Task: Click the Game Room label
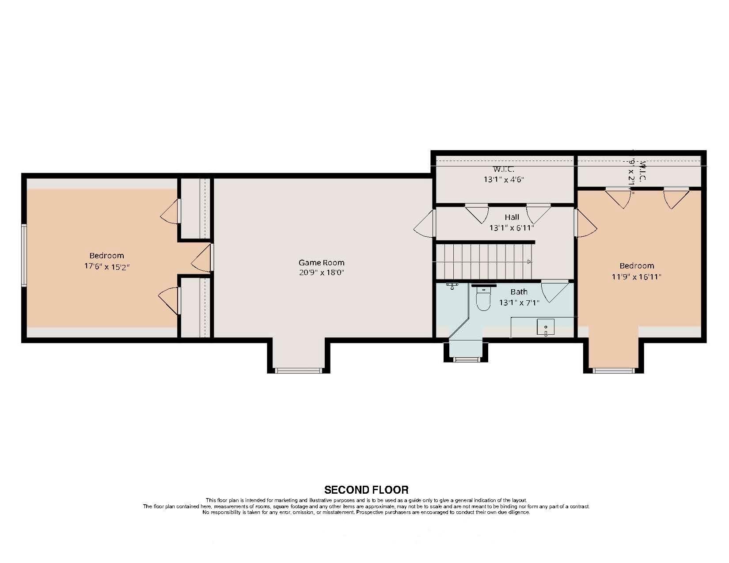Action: [321, 262]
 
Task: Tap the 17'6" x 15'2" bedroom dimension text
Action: [106, 267]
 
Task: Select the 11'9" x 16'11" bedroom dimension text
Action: [636, 277]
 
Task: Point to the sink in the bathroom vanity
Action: [546, 327]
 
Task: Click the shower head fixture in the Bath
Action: [452, 285]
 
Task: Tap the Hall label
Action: [512, 217]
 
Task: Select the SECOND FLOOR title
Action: [366, 490]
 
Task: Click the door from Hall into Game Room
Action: [425, 224]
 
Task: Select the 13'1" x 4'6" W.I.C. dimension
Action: [504, 180]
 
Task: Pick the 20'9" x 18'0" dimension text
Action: [321, 273]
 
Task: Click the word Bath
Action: [519, 292]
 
